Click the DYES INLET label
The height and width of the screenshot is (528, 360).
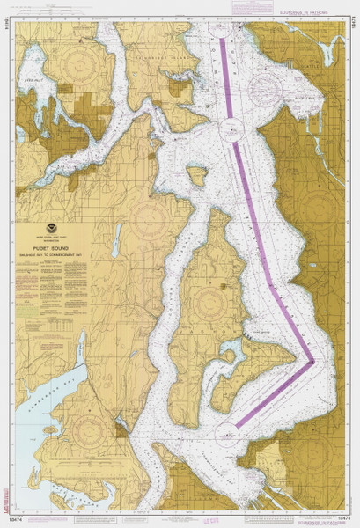(33, 80)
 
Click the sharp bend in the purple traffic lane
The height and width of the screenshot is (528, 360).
(312, 361)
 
